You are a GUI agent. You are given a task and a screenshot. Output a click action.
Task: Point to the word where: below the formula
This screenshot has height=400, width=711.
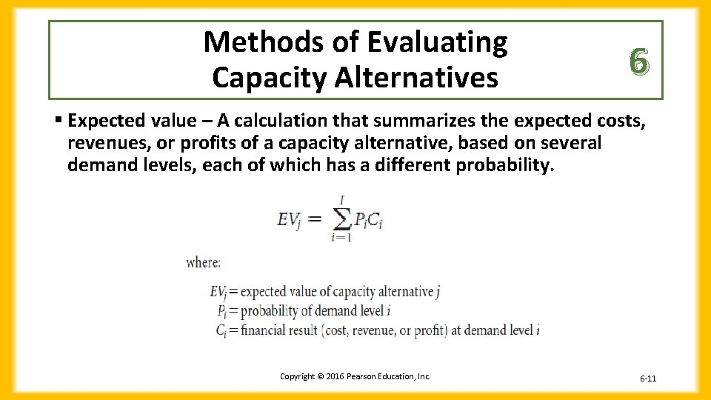click(x=203, y=262)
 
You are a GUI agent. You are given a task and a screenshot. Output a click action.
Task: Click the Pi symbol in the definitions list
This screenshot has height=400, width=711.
click(x=222, y=311)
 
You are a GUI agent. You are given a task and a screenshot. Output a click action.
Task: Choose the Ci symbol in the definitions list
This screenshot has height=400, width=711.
click(x=221, y=330)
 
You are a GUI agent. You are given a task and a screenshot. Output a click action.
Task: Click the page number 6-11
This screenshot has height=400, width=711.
click(x=648, y=379)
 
